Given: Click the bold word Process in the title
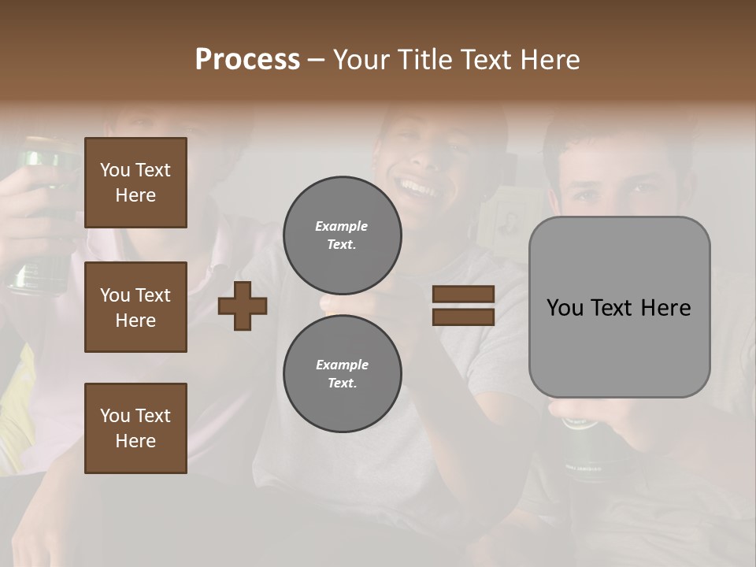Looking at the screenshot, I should coord(247,59).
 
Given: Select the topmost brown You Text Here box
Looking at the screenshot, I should coord(135,183).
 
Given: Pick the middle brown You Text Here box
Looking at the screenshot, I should coord(135,307).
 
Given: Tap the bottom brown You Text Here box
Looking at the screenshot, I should coord(135,428).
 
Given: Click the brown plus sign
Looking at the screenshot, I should coord(243,306).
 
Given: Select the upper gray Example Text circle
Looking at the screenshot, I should coord(342,235).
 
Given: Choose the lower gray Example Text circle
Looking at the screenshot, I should coord(342,373).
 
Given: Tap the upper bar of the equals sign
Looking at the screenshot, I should coord(463,295).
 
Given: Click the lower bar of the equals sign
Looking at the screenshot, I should coord(463,317).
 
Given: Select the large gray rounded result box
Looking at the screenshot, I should coord(619,346).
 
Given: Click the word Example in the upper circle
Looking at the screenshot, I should coord(341,226).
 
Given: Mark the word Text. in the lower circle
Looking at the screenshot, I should coord(342,383).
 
